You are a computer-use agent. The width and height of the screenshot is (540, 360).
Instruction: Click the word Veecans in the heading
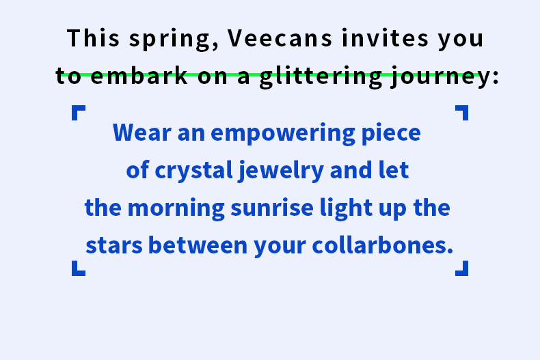pos(280,38)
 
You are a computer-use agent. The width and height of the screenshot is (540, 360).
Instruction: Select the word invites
pos(385,38)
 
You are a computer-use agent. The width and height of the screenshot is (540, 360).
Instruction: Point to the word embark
pos(139,75)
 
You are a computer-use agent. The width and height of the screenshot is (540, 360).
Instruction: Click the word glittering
pos(321,77)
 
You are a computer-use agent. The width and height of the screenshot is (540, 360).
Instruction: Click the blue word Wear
pos(142,133)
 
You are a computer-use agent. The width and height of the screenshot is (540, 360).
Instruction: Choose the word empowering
pos(283,134)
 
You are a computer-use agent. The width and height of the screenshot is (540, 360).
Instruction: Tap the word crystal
pos(194,170)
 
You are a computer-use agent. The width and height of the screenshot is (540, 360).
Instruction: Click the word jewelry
pos(281,171)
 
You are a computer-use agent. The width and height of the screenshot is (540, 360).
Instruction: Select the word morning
pos(176,208)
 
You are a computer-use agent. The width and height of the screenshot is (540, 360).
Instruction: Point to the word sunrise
pos(272,208)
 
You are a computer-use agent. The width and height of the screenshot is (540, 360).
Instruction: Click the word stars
pos(114,246)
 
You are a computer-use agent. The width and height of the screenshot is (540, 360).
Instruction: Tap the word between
pos(198,245)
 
